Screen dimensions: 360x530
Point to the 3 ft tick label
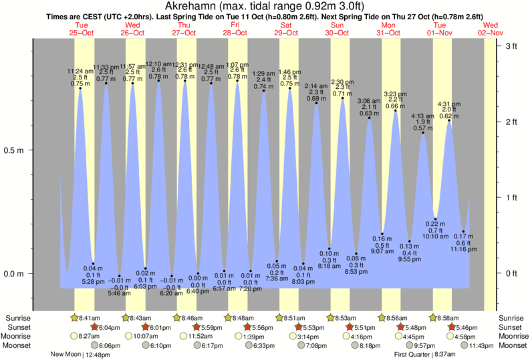pyautogui.click(x=512, y=46)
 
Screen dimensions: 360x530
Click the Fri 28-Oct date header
pyautogui.click(x=235, y=29)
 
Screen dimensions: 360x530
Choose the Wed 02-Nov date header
pyautogui.click(x=491, y=29)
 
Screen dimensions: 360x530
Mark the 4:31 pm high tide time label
pyautogui.click(x=449, y=104)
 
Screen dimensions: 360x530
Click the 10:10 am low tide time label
pyautogui.click(x=435, y=236)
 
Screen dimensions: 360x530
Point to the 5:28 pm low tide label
pyautogui.click(x=93, y=281)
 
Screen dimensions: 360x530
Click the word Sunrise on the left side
pyautogui.click(x=19, y=318)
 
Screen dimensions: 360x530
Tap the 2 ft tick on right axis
pyautogui.click(x=512, y=122)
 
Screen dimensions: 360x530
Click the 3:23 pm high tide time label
pyautogui.click(x=396, y=94)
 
